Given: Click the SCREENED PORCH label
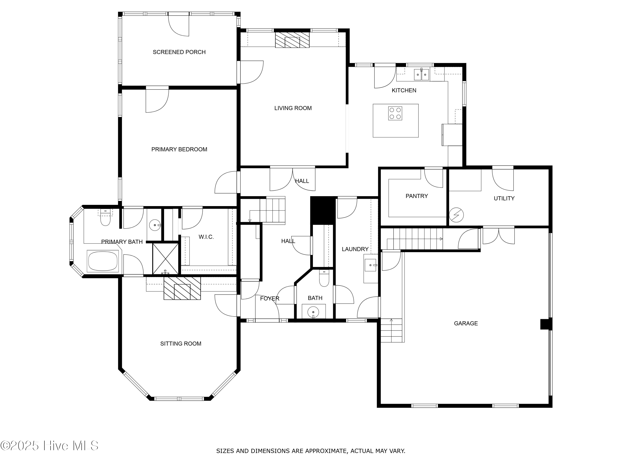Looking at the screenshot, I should click(x=179, y=52).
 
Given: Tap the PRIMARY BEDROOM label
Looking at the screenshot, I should click(x=179, y=149).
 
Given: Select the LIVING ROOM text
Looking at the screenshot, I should click(x=293, y=108).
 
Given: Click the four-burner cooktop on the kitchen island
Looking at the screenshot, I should click(x=395, y=114).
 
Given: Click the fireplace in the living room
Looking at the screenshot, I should click(x=292, y=40).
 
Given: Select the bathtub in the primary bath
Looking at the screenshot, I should click(x=103, y=261).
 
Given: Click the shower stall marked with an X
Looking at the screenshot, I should click(x=165, y=259).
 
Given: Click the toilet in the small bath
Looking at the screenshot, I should click(x=324, y=279).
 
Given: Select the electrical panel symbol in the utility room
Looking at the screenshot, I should click(x=456, y=215).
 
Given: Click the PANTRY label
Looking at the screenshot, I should click(x=417, y=196).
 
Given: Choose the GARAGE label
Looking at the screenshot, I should click(x=466, y=323).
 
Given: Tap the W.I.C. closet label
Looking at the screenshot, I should click(x=206, y=237).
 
